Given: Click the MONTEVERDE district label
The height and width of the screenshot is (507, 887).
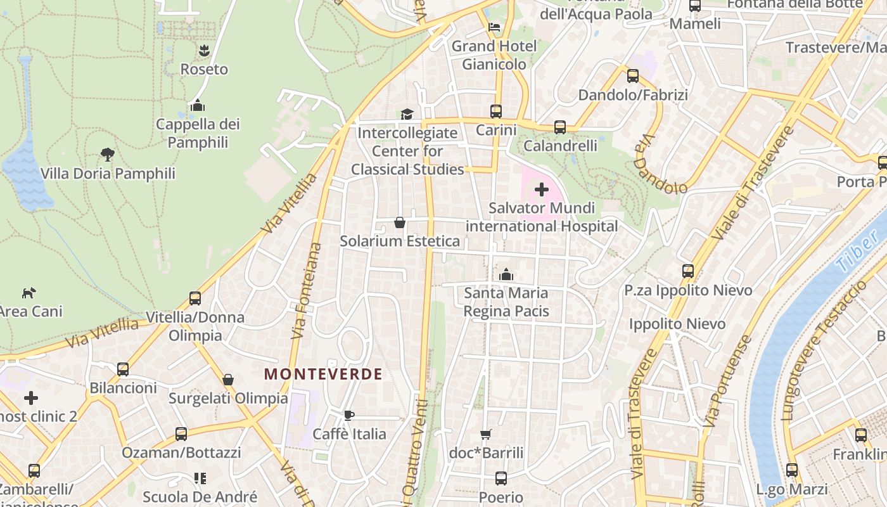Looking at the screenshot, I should coord(323,374).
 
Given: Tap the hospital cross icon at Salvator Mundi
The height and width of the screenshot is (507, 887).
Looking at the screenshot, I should coord(542,189).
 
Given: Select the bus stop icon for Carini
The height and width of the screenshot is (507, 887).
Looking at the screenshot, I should coord(496,112).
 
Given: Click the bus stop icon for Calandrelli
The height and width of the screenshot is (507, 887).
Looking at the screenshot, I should coord(560,127).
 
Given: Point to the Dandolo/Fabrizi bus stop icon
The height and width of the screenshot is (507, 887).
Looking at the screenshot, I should coord(632,76).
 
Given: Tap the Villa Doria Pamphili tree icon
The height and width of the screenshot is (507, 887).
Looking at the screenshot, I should coord(108,154).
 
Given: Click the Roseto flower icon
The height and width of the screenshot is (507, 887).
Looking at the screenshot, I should coord(204,51).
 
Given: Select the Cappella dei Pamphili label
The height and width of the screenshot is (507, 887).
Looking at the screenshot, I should coord(198,133).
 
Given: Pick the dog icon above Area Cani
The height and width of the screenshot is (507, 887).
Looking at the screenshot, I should coord(29,293).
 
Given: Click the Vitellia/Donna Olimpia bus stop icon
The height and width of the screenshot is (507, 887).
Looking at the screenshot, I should coord(195,298).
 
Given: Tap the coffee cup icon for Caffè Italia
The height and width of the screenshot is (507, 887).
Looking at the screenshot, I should coord(348,416).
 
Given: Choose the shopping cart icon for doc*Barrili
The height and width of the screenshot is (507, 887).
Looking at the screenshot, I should coord(486,435).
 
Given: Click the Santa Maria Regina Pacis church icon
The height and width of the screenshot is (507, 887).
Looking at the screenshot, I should coord(506,274).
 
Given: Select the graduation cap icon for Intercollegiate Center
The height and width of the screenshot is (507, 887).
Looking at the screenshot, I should coord(406,114).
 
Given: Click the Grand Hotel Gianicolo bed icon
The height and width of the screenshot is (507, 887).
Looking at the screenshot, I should coord(494,27).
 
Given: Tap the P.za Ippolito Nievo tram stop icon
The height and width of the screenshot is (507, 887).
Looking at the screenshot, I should coord(688,271).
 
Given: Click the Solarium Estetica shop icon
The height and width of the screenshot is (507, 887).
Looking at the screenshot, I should coord(400,222).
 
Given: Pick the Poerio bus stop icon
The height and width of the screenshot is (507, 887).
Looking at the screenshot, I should coord(501,478).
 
